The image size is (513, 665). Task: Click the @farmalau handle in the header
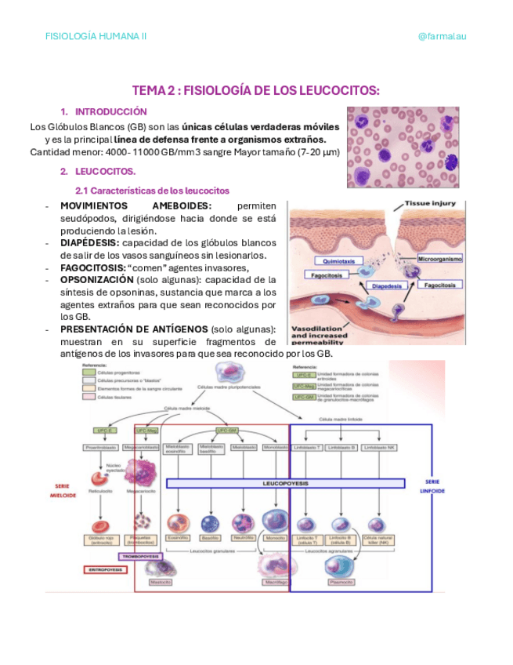443,36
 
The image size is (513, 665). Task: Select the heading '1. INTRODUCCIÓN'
103,112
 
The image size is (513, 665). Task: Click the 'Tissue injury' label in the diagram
430,203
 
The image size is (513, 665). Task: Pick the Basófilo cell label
209,538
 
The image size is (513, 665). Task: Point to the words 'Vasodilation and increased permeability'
323,334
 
